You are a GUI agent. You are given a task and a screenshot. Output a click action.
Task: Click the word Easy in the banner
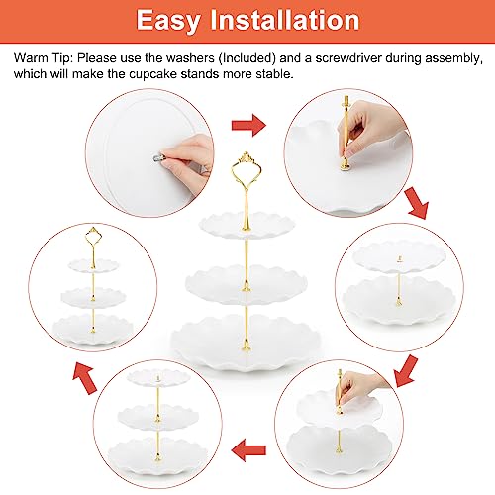168,21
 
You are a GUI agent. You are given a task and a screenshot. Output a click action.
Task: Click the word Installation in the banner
285,20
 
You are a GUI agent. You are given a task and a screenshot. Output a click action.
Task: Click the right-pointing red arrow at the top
248,125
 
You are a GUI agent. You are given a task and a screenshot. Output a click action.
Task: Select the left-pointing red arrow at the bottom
248,450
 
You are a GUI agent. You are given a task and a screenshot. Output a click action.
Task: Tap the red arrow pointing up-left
85,377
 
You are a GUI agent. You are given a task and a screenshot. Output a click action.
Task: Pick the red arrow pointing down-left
406,371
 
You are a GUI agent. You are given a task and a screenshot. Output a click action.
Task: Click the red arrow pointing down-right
417,203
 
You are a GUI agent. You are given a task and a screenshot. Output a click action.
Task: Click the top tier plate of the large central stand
247,225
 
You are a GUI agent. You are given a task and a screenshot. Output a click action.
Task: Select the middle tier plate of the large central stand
247,284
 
